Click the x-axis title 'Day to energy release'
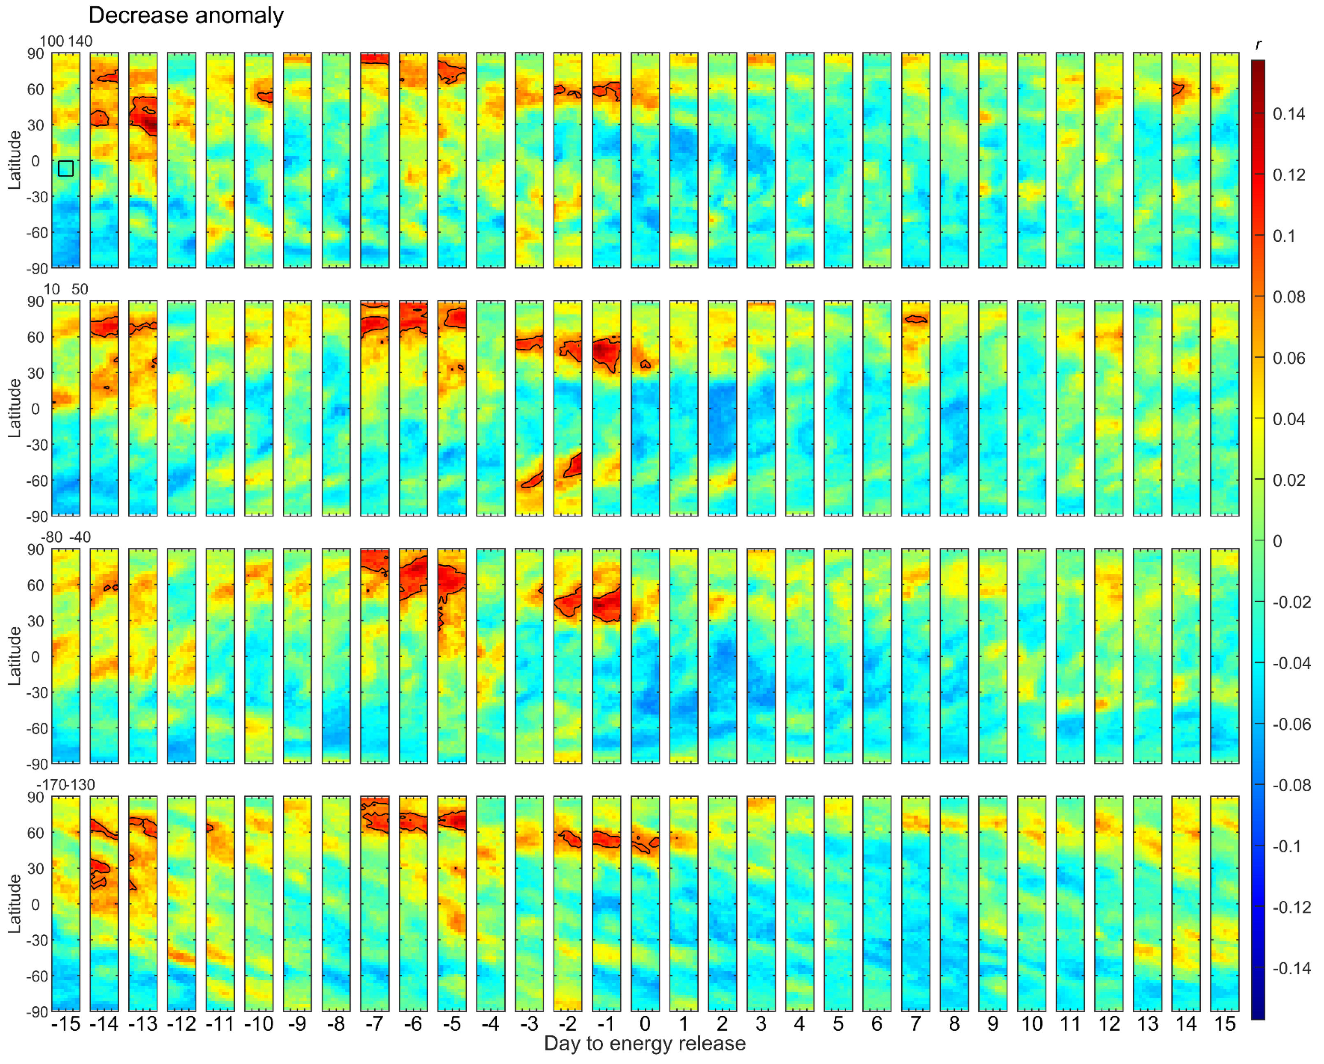click(644, 1043)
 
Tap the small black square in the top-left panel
click(66, 168)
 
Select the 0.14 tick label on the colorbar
click(1288, 114)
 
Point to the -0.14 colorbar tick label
click(1291, 969)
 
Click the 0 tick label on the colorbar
click(1277, 541)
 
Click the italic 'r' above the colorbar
click(1258, 44)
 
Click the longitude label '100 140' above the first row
click(66, 41)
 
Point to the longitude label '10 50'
click(66, 290)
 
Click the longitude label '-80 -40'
click(66, 538)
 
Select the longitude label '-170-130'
click(66, 785)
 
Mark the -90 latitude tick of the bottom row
click(37, 1012)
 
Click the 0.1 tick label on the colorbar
click(1283, 236)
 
